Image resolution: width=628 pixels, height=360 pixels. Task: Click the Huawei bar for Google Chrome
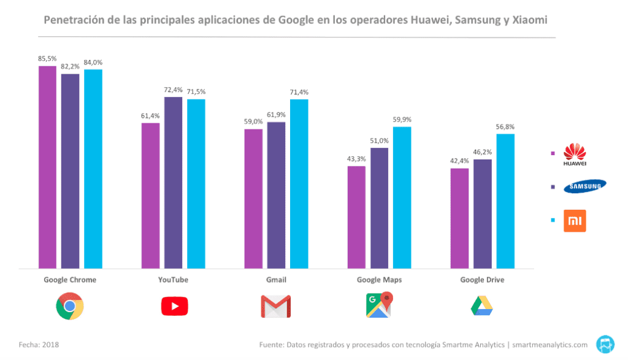47,167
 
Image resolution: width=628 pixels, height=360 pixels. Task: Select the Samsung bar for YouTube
173,182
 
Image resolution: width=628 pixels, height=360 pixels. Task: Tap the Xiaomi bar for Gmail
299,183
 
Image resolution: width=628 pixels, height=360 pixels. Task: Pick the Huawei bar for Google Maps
356,217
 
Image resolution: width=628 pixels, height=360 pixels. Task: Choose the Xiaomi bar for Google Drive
505,201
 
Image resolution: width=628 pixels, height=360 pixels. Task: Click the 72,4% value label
173,90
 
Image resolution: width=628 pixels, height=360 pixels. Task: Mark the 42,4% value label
459,161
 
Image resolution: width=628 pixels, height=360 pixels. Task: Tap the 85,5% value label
47,59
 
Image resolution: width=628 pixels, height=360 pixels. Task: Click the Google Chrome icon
69,306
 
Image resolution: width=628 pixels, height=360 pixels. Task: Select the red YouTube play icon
174,306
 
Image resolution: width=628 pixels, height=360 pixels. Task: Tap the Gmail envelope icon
275,306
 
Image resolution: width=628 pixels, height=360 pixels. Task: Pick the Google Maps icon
378,305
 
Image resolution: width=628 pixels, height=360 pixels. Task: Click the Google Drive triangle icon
482,305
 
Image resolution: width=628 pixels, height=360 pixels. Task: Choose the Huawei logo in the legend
575,154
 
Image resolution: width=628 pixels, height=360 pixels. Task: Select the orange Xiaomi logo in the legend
575,221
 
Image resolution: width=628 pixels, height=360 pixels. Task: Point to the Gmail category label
275,280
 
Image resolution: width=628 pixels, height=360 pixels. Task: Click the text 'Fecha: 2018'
39,345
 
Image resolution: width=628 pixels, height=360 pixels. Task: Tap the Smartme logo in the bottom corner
606,344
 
